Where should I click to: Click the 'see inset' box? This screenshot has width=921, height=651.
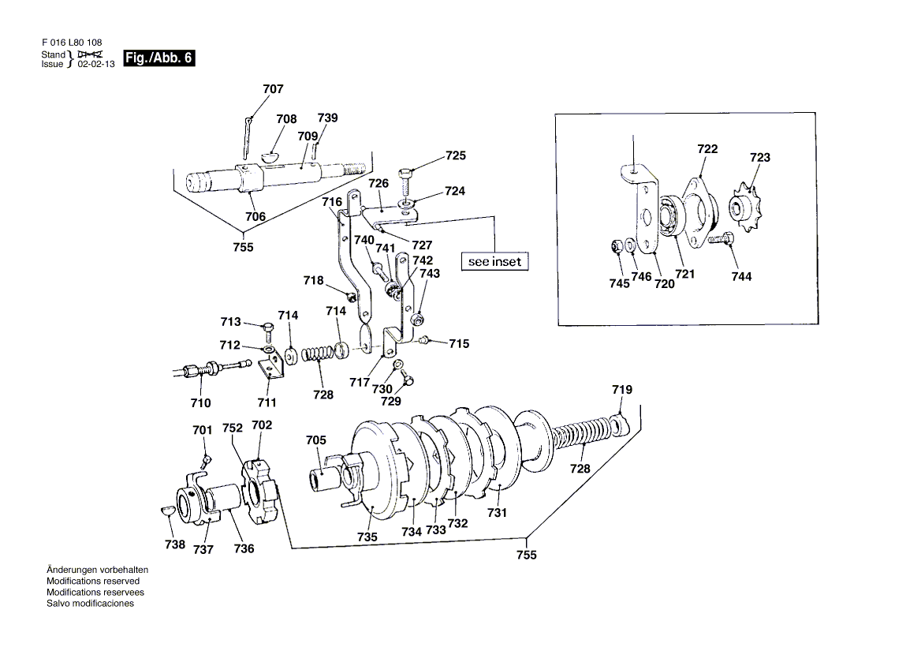(494, 261)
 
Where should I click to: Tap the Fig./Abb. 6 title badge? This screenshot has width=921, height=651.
(158, 58)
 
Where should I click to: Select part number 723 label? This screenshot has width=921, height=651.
(759, 158)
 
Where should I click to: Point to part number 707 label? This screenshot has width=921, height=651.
(273, 88)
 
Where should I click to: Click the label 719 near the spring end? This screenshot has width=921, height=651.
(622, 390)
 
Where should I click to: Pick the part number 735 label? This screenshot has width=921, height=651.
(367, 537)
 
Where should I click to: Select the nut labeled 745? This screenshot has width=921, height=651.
(617, 245)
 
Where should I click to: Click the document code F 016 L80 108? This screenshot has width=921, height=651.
(72, 43)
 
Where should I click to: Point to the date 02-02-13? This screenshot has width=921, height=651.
(96, 64)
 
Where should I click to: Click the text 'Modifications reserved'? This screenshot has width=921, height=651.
(93, 581)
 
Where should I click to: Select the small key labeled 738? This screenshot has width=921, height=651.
(167, 511)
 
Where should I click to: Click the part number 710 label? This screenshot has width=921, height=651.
(201, 403)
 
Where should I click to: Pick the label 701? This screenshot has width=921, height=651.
(203, 430)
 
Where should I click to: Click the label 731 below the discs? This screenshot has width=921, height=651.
(497, 513)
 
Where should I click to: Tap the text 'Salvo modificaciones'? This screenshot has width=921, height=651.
(90, 604)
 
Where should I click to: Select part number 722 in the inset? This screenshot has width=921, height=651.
(707, 149)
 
